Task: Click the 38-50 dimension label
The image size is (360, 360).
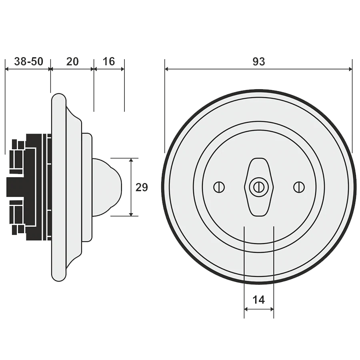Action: click(x=29, y=62)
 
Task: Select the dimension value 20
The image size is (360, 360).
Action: click(x=72, y=62)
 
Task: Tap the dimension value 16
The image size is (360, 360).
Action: click(x=108, y=62)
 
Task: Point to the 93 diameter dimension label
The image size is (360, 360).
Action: click(x=259, y=62)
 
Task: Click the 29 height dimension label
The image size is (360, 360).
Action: click(x=142, y=187)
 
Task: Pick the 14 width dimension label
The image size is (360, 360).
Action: click(x=259, y=300)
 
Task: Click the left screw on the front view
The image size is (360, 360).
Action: click(x=219, y=187)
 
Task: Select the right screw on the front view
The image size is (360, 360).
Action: click(x=299, y=187)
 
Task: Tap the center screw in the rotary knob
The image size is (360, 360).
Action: click(x=259, y=187)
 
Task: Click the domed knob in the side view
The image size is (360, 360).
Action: click(x=107, y=187)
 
